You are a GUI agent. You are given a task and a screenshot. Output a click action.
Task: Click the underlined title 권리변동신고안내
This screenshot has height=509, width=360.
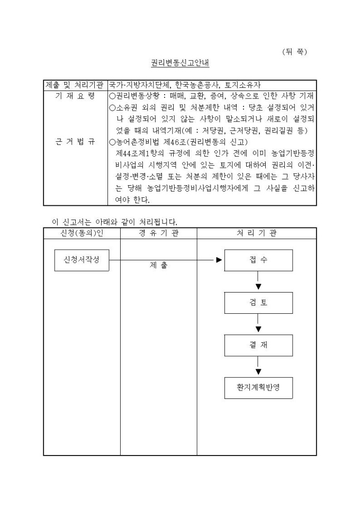(x=180, y=63)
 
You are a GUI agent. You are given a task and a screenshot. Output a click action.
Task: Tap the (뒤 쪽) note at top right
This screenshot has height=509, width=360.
(x=294, y=51)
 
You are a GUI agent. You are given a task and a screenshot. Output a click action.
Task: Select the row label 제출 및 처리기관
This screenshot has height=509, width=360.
(x=75, y=85)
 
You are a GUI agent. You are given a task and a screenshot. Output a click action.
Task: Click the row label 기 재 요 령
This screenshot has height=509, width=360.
(x=75, y=96)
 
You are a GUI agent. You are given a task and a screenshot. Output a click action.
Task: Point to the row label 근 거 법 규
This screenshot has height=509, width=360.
(x=75, y=142)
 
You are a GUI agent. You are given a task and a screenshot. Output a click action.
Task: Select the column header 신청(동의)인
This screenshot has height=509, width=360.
(x=82, y=233)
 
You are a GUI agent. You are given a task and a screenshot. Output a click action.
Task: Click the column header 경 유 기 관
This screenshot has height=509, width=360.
(x=158, y=233)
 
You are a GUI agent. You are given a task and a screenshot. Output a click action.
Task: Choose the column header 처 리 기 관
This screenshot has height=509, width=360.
(x=256, y=233)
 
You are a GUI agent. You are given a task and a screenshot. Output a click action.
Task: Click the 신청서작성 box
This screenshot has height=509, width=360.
(x=82, y=260)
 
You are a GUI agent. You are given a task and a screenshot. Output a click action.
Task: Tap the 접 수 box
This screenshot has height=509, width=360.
(x=258, y=260)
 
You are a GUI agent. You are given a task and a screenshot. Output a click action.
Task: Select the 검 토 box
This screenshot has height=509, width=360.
(x=258, y=303)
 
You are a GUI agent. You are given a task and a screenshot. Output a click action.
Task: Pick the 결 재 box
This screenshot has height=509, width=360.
(x=258, y=345)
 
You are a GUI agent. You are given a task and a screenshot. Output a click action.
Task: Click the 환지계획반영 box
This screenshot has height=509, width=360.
(x=258, y=388)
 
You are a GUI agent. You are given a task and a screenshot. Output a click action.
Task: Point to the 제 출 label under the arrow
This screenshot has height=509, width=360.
(x=158, y=266)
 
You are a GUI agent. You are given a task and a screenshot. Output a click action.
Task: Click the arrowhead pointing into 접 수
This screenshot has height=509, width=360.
(x=219, y=260)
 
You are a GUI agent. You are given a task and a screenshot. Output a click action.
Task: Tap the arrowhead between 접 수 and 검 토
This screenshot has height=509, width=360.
(x=258, y=287)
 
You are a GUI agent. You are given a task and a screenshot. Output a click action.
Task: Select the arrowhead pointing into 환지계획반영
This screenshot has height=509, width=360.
(x=258, y=372)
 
